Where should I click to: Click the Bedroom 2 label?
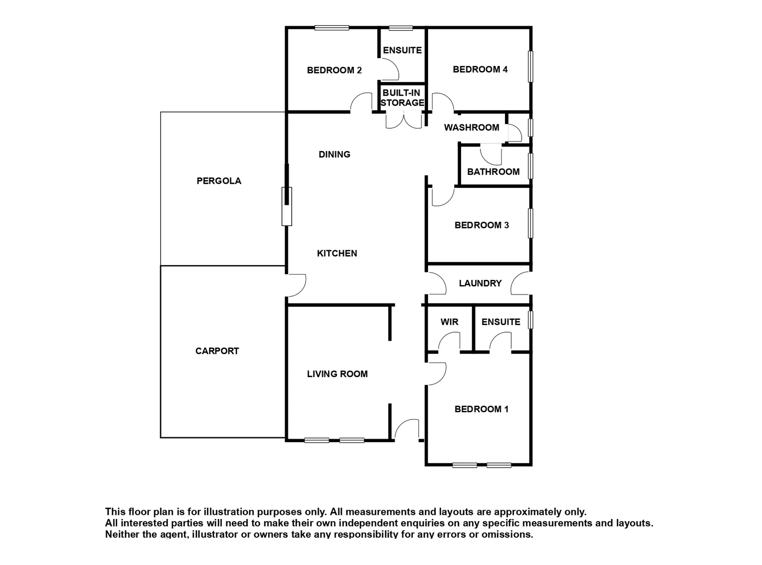coord(334,70)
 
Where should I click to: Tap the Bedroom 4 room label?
coord(480,69)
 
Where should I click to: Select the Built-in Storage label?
coord(402,98)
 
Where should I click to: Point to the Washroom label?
coord(472,127)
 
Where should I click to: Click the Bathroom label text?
coord(493,172)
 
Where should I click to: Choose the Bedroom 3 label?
coord(481,225)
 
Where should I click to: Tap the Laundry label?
coord(480,283)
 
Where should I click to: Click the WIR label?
coord(449,322)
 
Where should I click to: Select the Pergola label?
coord(219,181)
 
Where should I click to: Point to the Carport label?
coord(217,351)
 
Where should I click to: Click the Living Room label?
coord(337,374)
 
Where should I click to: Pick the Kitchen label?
coord(337,253)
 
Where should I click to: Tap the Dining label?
coord(334,154)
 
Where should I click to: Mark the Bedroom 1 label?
coord(481,409)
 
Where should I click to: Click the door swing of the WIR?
coord(448,342)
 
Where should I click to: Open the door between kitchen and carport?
coord(297,285)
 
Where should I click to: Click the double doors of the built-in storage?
coord(404,120)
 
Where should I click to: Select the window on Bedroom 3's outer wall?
coord(530,223)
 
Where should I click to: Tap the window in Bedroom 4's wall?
coord(530,66)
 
